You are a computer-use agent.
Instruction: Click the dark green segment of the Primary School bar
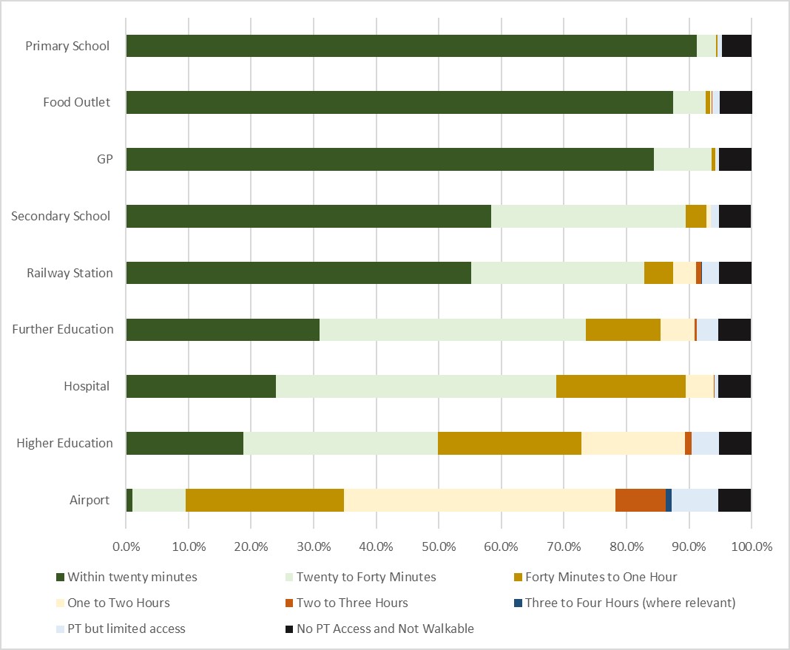(411, 46)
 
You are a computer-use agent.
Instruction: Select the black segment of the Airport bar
(735, 500)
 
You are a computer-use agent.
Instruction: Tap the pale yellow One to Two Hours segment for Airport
(479, 500)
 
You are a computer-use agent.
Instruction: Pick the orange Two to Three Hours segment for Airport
(641, 500)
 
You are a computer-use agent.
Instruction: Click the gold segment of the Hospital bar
(621, 387)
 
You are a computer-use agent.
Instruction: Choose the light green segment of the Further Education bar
(453, 330)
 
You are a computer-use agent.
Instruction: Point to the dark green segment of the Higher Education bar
(185, 443)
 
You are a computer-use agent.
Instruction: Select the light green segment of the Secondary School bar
(588, 216)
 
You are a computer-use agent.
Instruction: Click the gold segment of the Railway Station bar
(658, 273)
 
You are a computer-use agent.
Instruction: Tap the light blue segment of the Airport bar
(695, 500)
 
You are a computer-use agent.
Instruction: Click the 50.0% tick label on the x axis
(439, 547)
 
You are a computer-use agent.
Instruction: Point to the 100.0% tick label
(752, 547)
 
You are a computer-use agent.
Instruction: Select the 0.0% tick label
(126, 547)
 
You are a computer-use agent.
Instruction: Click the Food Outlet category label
(77, 102)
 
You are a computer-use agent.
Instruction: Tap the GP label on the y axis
(105, 159)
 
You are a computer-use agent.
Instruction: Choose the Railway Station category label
(70, 273)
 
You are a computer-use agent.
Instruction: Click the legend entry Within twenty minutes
(132, 577)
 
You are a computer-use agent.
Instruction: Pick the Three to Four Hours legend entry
(630, 603)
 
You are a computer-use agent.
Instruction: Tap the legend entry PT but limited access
(126, 629)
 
